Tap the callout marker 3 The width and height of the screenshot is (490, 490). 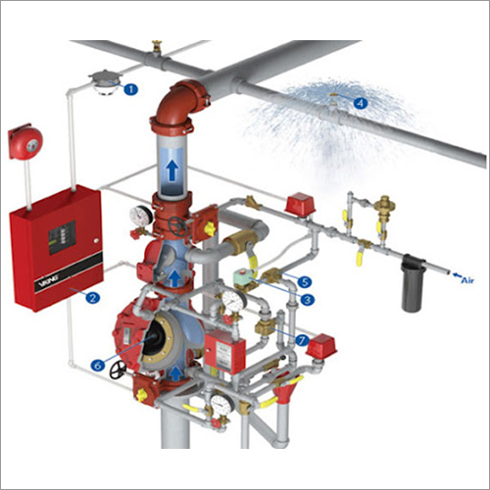(307, 300)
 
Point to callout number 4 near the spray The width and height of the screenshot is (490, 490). (361, 101)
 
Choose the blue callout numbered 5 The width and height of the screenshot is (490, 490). (305, 280)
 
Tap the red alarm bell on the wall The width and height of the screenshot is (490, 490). (25, 144)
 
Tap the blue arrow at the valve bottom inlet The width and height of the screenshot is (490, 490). (175, 373)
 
